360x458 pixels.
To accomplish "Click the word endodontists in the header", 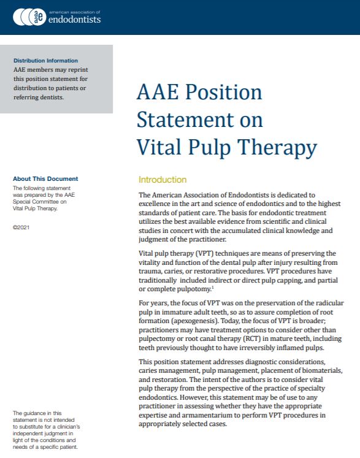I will tap(77, 20).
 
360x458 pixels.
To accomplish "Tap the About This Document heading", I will tap(45, 179).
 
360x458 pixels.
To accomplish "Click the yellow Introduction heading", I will tap(163, 180).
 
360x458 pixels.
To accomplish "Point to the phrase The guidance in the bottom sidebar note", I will tap(31, 413).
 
